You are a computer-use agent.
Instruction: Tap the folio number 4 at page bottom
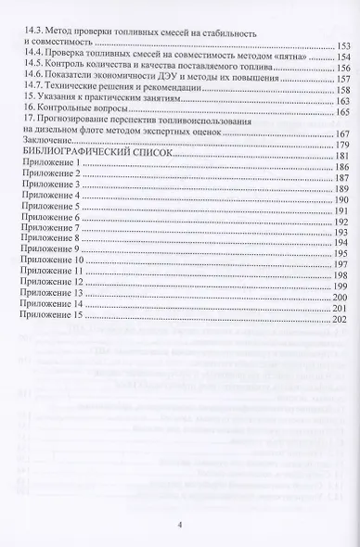pos(180,526)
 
